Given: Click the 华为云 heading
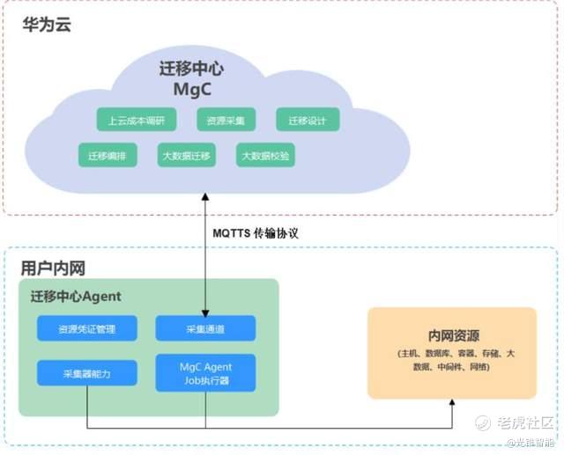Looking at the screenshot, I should pos(47,25).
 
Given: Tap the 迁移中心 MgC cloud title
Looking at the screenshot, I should pos(192,79).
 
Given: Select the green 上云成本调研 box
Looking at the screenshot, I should pos(137,120).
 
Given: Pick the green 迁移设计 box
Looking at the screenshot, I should pos(307,120).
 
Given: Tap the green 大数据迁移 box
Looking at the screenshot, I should pos(187,156).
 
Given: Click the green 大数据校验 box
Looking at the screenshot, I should pos(265,156).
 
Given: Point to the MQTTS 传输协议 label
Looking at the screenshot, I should pos(256,233).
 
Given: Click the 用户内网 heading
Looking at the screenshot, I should pos(53,268).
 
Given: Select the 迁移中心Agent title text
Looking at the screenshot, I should pos(75,297).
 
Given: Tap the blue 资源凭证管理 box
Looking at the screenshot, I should pos(86,329).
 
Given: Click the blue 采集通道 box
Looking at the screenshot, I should pos(205,329).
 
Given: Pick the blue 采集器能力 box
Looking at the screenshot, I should pos(86,373).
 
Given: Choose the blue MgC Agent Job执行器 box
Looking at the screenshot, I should pos(205,373).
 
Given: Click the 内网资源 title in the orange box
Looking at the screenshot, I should pos(452,334).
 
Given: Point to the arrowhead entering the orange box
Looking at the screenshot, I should pos(452,402).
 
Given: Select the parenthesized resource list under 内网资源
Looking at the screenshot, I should pos(452,359).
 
